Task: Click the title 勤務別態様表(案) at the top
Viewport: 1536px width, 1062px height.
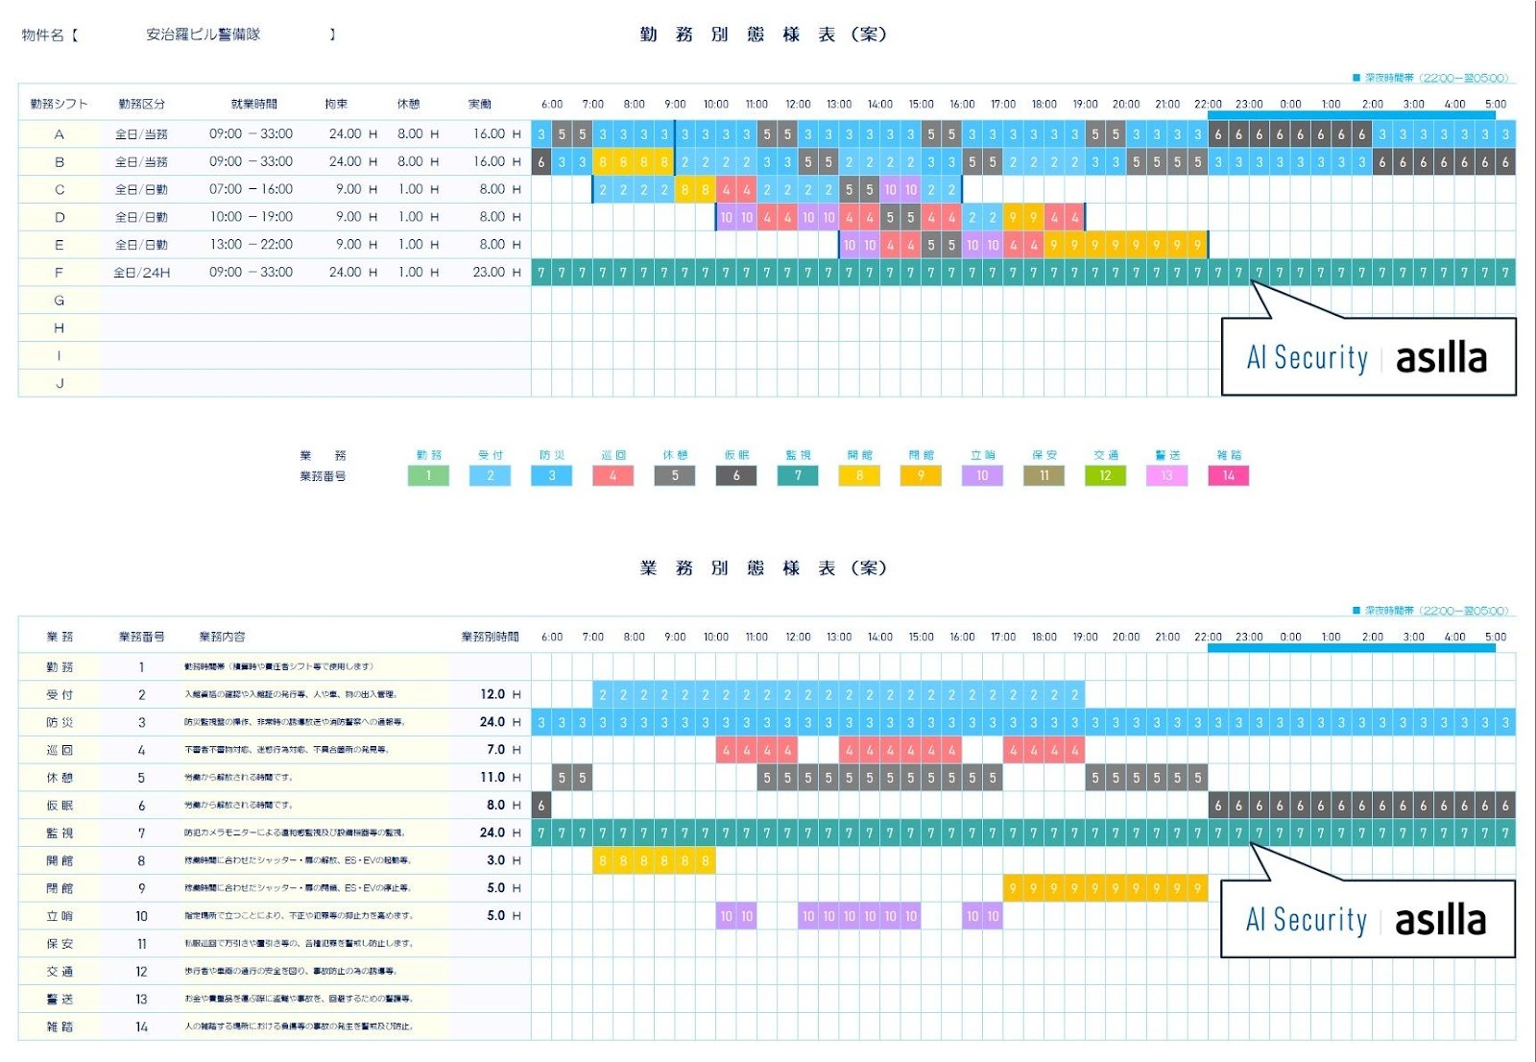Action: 763,35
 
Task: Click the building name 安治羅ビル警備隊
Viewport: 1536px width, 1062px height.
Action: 203,35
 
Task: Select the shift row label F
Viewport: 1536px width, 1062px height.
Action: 59,273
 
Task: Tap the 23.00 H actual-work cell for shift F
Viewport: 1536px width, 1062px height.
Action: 495,273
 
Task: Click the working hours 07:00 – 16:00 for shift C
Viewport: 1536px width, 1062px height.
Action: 251,190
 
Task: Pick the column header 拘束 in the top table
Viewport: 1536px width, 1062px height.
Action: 336,104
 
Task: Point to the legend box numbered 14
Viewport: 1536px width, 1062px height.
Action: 1228,475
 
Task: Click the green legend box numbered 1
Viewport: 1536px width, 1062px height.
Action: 428,475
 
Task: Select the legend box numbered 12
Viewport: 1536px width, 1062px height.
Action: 1105,475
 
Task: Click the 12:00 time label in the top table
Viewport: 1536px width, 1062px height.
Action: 798,104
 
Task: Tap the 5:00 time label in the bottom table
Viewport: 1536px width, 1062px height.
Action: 1495,637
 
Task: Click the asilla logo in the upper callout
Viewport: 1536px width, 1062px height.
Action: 1441,358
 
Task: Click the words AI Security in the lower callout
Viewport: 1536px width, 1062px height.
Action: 1306,920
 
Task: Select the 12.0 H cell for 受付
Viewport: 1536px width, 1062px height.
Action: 499,694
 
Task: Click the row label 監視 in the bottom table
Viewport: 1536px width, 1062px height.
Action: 60,833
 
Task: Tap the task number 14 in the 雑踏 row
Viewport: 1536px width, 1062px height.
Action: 141,1027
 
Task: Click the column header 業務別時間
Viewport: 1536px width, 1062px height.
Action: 490,637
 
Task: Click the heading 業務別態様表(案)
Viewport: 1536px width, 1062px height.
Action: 763,568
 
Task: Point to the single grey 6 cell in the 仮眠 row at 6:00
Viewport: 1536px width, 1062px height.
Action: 541,806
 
